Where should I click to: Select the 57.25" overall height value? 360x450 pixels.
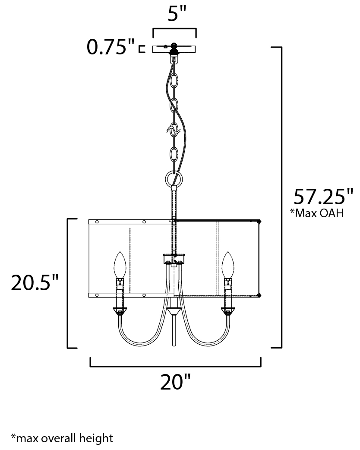(323, 196)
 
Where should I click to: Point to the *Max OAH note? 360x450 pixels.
(317, 213)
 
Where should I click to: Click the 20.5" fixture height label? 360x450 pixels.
(35, 283)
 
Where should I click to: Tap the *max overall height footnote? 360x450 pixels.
(62, 438)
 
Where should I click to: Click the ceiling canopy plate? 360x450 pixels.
(174, 49)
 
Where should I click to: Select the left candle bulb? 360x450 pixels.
(120, 265)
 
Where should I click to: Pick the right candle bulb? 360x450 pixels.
(228, 265)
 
